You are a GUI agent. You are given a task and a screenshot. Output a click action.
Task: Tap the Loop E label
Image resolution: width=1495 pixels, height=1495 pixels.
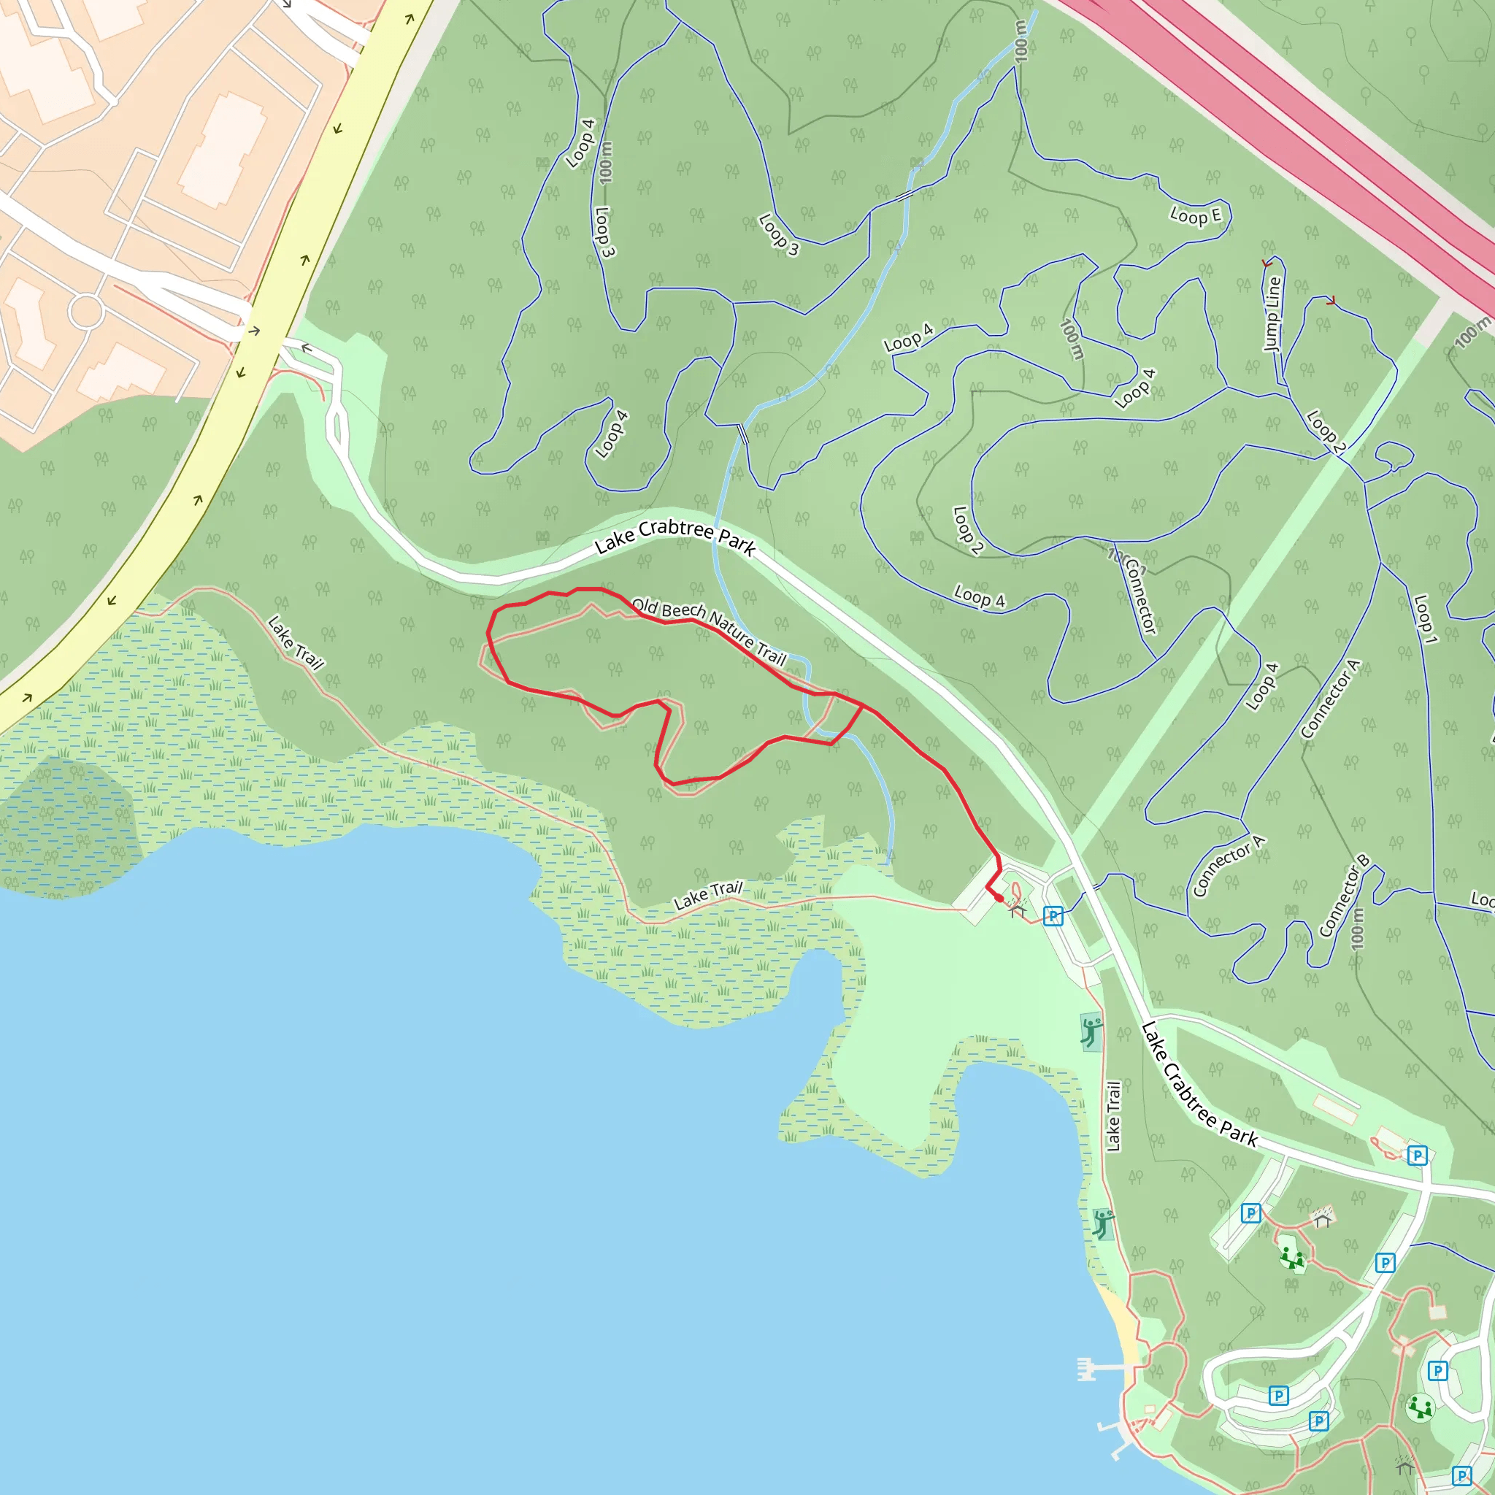[x=1196, y=216]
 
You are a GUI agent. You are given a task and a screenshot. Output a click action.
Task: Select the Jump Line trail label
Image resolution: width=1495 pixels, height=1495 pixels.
[x=1272, y=313]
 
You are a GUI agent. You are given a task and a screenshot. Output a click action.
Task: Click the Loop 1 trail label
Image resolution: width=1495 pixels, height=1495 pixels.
[x=1426, y=619]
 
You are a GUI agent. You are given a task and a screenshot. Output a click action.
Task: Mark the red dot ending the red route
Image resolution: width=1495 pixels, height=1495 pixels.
[x=999, y=899]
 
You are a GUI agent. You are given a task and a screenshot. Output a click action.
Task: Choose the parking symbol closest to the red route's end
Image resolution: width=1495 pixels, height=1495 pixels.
[x=1053, y=916]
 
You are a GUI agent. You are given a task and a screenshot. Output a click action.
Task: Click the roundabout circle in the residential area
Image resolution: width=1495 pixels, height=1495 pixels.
[x=86, y=312]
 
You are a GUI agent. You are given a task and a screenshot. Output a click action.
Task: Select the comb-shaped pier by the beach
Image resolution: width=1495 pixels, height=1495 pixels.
[x=1086, y=1369]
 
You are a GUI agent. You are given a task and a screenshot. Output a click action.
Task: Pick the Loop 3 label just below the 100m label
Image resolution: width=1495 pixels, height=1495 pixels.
[x=604, y=232]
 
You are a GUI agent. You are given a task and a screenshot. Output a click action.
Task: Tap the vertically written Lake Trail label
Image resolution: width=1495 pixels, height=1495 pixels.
[x=1112, y=1117]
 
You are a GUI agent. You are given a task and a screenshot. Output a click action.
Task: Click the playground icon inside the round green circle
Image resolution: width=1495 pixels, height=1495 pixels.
[x=1420, y=1407]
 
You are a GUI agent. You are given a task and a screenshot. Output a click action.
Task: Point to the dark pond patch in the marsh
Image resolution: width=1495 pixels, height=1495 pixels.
[x=66, y=820]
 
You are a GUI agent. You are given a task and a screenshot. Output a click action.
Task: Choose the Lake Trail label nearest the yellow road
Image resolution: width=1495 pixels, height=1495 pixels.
[x=295, y=642]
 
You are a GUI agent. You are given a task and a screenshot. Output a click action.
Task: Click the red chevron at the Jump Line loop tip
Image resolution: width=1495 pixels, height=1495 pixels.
[x=1267, y=264]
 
